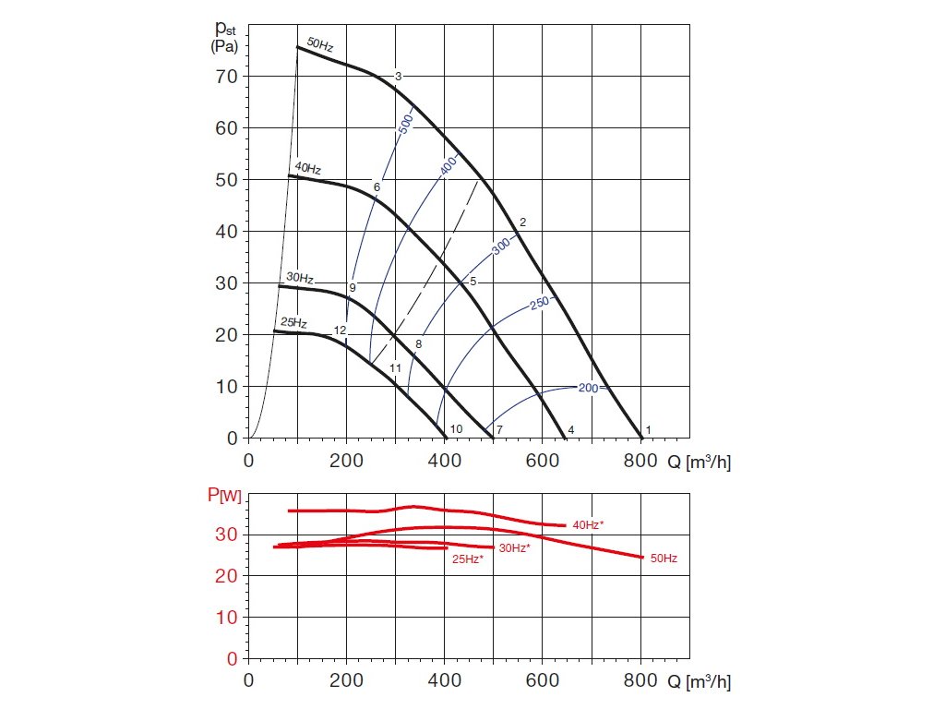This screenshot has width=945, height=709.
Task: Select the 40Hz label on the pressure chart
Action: point(308,169)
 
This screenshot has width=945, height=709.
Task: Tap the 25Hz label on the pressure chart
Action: point(293,323)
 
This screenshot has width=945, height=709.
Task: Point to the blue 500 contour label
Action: point(405,125)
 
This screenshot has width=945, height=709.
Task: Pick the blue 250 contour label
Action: point(540,302)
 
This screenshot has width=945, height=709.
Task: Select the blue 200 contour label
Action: point(589,388)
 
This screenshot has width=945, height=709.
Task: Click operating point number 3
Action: point(398,76)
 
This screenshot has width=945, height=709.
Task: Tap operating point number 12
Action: point(340,330)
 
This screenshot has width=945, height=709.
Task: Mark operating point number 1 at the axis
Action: point(649,430)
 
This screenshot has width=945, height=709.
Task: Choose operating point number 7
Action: point(498,430)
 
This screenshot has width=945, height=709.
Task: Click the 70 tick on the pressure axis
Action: point(227,76)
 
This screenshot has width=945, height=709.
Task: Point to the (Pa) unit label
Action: point(226,45)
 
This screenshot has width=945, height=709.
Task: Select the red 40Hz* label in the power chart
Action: point(588,524)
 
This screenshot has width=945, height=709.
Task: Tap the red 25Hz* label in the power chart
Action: point(467,559)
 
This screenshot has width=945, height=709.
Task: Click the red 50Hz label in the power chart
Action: point(664,559)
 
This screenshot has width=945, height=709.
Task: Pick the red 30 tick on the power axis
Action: point(227,535)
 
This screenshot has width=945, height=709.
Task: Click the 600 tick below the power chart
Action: point(542,683)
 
